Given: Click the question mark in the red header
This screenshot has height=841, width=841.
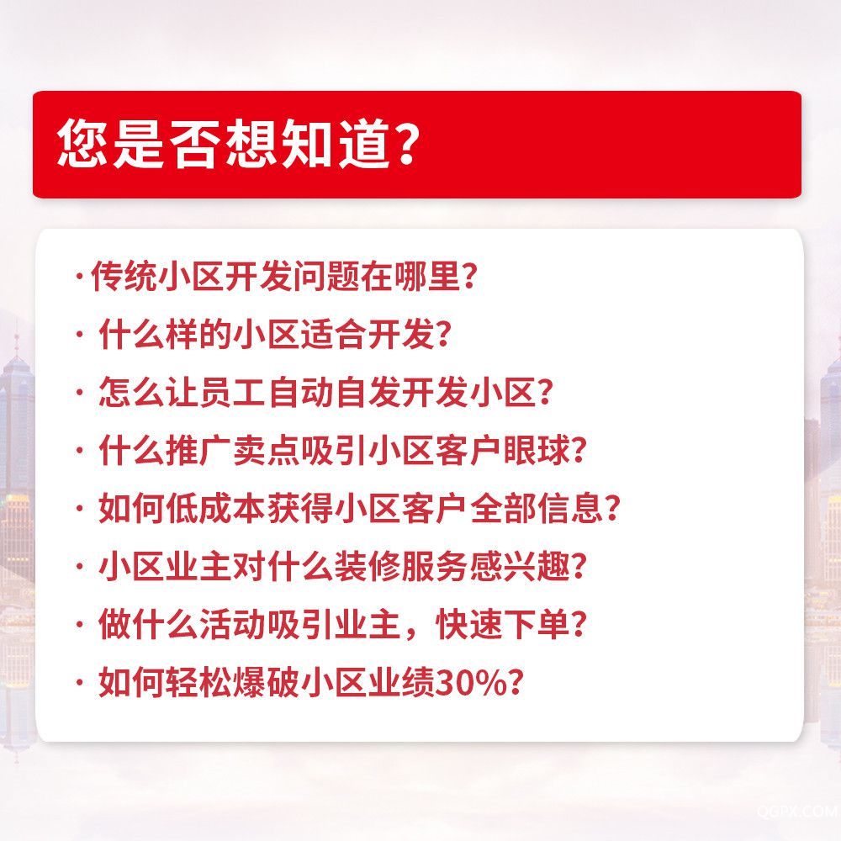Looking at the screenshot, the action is pos(406,143).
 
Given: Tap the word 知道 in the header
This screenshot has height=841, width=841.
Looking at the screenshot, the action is pos(334,143).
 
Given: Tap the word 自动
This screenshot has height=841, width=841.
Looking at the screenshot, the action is pos(300,392).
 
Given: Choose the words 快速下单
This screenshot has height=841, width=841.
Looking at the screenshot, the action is pos(503,624).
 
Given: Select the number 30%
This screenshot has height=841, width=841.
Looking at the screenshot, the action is pos(470,683).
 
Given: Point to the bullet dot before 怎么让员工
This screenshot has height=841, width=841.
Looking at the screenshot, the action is pos(79,392).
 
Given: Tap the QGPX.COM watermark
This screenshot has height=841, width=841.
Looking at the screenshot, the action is pos(799,811).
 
